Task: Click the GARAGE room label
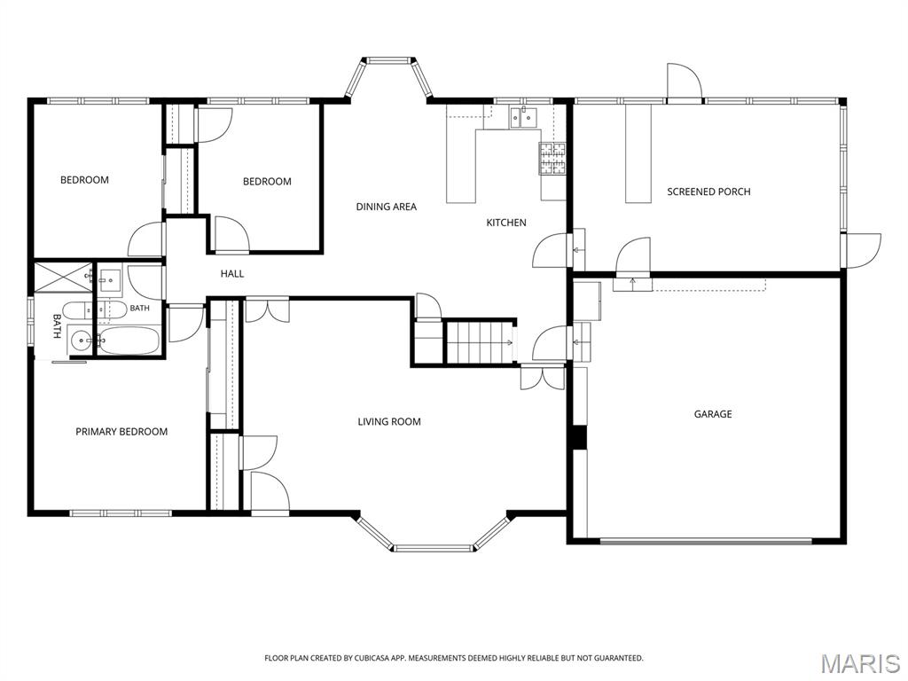point(713,414)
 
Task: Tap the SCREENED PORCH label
point(708,192)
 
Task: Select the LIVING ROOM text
point(389,421)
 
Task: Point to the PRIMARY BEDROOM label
point(121,432)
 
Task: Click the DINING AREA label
point(387,207)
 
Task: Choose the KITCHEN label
point(506,223)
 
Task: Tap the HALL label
point(232,274)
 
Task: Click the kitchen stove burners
point(552,159)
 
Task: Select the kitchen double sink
point(523,117)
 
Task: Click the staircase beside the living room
point(480,343)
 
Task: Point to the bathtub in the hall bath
point(128,340)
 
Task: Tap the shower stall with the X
point(63,277)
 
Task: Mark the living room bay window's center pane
point(434,547)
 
